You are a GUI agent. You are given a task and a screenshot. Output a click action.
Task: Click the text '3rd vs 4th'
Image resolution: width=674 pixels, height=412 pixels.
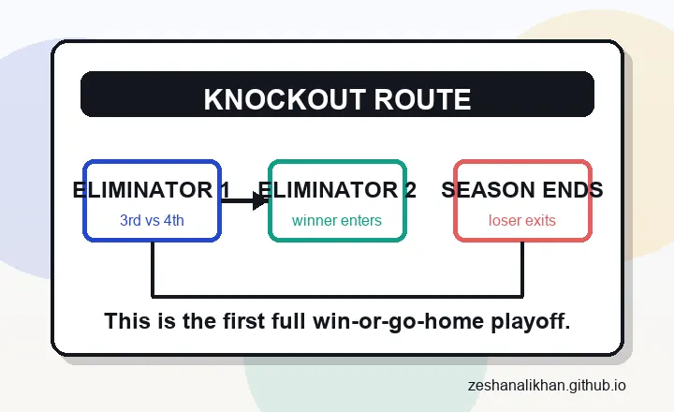point(152,222)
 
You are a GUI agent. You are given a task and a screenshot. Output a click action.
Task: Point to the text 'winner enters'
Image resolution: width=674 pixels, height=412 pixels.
point(337,222)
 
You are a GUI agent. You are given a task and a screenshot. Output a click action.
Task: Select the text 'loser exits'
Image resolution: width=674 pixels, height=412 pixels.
point(522,222)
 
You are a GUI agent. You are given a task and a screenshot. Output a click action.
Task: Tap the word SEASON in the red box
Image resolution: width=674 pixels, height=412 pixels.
point(485,190)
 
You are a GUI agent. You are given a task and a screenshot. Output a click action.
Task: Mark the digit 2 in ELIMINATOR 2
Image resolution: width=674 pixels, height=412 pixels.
point(409,190)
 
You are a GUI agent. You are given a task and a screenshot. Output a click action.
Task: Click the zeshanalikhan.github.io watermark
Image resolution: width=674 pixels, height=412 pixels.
point(547,386)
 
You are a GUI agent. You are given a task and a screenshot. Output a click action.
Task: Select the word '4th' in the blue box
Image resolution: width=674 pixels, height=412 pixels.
point(172,222)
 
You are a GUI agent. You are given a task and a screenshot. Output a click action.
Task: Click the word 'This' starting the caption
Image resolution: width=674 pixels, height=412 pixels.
point(125,321)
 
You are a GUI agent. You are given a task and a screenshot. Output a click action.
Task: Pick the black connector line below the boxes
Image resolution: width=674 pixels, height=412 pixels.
point(337,296)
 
